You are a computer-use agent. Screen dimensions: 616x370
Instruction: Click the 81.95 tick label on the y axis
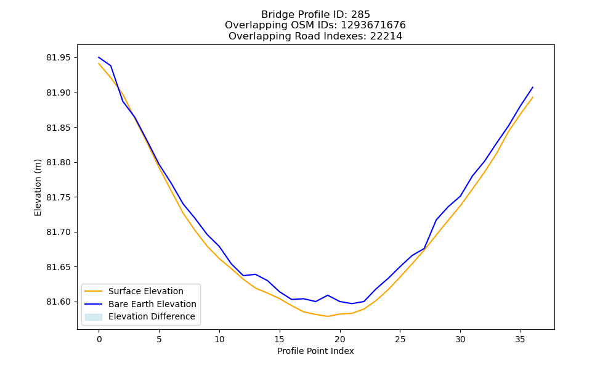coord(59,58)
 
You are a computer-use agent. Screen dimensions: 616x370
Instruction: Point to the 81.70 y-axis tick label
coord(59,232)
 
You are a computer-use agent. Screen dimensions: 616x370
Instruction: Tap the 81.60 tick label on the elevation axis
coord(59,302)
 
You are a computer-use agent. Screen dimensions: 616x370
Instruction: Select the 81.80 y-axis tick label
coord(59,162)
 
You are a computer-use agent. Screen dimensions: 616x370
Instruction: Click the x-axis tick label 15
coord(279,339)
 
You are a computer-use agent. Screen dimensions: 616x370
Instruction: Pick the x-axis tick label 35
coord(520,339)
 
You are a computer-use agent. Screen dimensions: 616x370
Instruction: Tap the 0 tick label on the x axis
coord(99,339)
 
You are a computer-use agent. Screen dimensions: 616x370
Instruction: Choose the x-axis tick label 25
coord(400,339)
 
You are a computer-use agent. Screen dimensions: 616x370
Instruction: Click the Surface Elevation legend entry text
coord(146,291)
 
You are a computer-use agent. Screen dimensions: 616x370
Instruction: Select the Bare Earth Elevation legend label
coord(152,304)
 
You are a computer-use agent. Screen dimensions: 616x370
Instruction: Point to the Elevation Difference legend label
coord(152,316)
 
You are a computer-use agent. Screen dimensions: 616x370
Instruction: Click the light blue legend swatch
coord(94,317)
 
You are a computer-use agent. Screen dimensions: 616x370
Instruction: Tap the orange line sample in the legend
coord(94,291)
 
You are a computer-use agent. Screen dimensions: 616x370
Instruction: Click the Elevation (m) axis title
coord(38,187)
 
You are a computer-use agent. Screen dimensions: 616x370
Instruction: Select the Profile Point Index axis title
coord(315,351)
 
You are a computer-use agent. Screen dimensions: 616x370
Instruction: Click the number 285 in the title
coord(360,15)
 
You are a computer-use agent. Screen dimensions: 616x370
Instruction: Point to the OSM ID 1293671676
coord(373,25)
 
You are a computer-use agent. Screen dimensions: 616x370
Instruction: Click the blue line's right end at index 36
coord(533,88)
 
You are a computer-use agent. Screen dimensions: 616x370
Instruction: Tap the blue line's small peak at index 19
coord(328,295)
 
